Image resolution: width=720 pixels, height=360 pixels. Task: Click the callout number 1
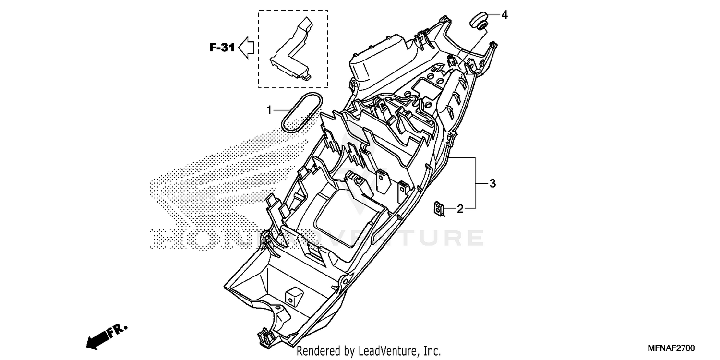pos(269,110)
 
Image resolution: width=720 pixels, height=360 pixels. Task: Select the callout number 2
pos(459,209)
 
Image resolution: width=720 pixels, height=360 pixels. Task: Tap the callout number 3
pos(492,183)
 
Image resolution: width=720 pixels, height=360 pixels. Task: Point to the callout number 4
pos(504,15)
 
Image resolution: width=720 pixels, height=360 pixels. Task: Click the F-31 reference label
pos(222,48)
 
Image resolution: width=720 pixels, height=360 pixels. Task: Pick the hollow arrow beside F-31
pos(246,48)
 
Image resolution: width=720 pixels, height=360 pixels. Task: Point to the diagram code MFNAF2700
pos(672,348)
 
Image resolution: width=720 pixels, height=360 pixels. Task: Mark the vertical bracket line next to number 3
pos(475,183)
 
